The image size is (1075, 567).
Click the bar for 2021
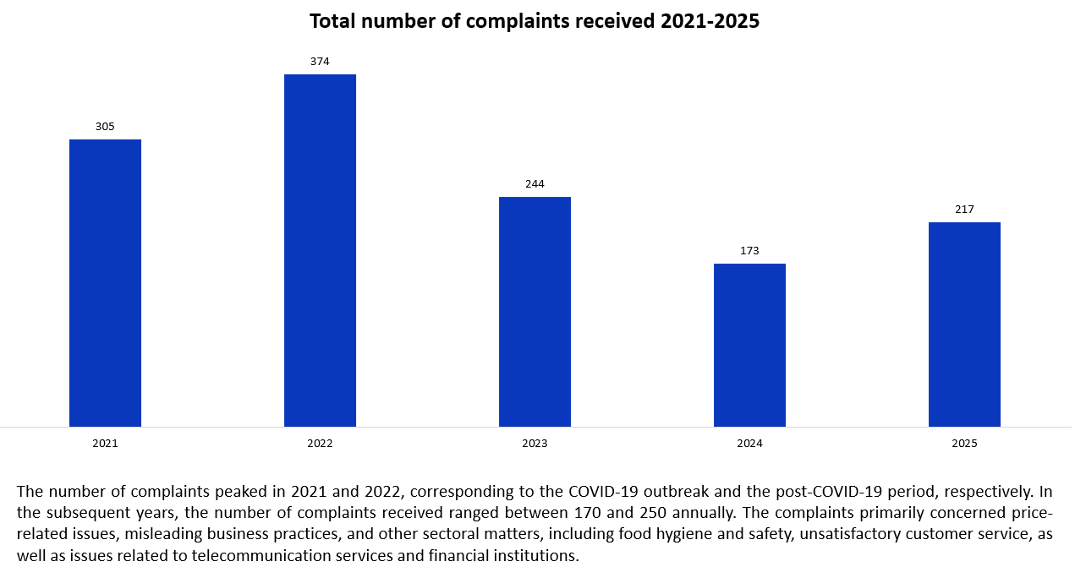point(105,283)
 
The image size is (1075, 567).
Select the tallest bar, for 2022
point(320,251)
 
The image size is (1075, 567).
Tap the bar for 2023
point(535,312)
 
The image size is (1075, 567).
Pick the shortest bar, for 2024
point(749,345)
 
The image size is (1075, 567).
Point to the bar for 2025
point(964,324)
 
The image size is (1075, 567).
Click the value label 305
point(105,127)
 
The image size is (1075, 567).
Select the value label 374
point(320,62)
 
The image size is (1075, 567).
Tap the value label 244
point(535,184)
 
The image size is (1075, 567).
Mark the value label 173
point(749,251)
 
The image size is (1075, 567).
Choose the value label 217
point(964,210)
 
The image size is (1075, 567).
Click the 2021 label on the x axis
point(105,444)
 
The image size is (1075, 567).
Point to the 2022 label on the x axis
point(320,444)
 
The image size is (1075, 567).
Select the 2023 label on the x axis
point(535,444)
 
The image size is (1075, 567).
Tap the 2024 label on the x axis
point(749,444)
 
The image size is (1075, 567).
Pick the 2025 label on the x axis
point(964,444)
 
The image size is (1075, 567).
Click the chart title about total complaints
point(535,21)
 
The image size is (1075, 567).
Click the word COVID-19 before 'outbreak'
point(605,491)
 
